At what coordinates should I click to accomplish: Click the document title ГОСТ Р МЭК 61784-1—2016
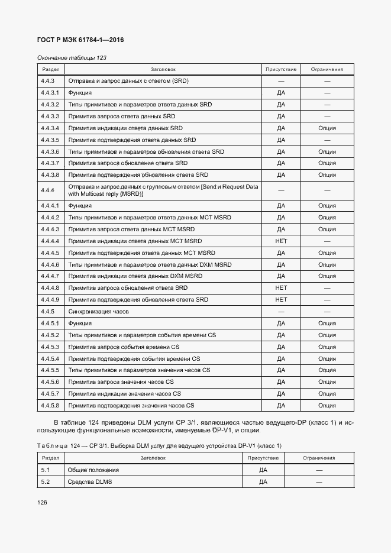coord(80,40)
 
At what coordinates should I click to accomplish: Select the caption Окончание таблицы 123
coord(72,58)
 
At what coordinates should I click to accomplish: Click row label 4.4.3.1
coord(50,93)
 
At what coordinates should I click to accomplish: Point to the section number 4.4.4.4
coord(50,241)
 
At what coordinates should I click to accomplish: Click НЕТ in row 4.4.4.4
coord(281,241)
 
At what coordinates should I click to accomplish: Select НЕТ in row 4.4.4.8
coord(281,288)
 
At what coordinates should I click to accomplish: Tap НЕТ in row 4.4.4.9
coord(281,300)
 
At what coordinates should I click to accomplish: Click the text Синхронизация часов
coord(99,312)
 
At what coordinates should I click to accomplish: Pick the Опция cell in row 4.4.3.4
coord(327,128)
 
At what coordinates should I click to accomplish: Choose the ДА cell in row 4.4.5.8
coord(281,406)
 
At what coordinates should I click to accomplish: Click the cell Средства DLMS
coord(90,482)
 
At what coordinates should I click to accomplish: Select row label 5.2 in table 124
coord(45,482)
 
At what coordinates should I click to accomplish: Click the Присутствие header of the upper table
coord(281,69)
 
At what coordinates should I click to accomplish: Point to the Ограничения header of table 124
coord(319,458)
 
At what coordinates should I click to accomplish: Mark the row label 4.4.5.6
coord(50,382)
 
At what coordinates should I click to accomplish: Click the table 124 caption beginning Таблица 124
coord(159,445)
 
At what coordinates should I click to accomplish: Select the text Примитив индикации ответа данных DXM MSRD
coord(135,276)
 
